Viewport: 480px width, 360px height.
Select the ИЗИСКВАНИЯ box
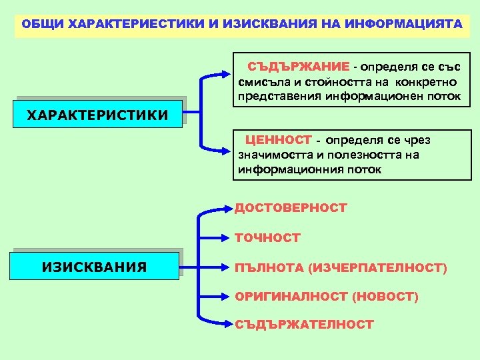click(94, 267)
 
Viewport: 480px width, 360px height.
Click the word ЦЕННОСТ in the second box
click(278, 140)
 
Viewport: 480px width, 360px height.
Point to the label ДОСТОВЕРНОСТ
click(290, 208)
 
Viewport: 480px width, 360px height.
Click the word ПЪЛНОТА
click(269, 268)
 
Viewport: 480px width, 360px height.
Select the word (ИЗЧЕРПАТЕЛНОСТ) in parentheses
click(378, 268)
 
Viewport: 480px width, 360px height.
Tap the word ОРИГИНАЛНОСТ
click(291, 297)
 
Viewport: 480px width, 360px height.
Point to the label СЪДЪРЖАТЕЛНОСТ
click(304, 325)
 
